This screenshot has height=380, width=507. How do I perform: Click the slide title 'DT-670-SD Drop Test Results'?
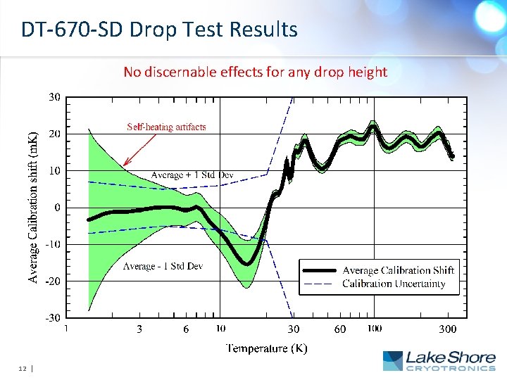(x=159, y=30)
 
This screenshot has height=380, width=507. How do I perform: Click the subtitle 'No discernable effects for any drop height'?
(x=255, y=71)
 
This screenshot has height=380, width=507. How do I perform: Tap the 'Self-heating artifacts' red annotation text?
(x=166, y=127)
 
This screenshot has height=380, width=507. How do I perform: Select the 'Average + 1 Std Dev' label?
(x=192, y=175)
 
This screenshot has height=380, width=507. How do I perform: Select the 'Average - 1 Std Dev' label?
(x=163, y=266)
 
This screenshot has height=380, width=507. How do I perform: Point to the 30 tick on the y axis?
(x=54, y=96)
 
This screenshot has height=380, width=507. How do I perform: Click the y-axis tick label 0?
(x=56, y=208)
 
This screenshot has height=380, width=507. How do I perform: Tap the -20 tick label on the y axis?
(x=51, y=281)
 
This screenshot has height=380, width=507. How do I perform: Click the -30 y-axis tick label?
(x=51, y=317)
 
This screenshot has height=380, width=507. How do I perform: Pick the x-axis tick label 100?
(x=374, y=329)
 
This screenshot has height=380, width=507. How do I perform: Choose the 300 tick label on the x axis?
(x=448, y=329)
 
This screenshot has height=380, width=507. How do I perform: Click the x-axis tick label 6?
(x=186, y=329)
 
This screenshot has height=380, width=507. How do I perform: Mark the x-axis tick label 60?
(x=340, y=329)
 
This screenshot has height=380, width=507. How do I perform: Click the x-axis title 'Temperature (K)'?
(x=266, y=348)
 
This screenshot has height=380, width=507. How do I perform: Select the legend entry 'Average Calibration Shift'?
(x=398, y=270)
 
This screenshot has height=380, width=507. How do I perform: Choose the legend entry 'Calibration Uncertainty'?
(x=393, y=284)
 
